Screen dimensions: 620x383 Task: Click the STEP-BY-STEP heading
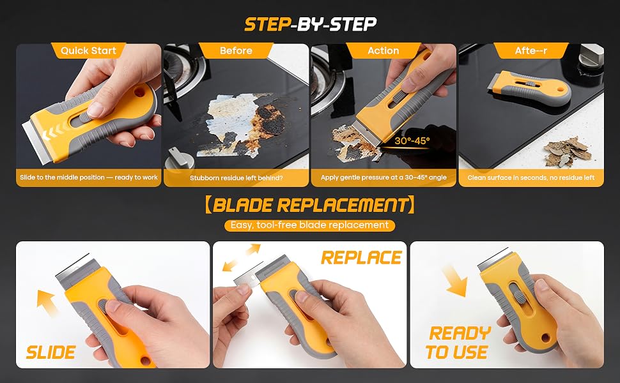[311, 24]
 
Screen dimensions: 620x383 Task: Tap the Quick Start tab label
[89, 50]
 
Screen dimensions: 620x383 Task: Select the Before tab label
[236, 50]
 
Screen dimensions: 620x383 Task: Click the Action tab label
[383, 50]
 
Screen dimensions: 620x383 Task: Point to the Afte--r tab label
[531, 50]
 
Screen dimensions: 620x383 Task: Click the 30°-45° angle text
[412, 140]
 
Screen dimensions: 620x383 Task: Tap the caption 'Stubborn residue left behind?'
[236, 177]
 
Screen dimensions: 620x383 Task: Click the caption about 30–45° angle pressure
[384, 177]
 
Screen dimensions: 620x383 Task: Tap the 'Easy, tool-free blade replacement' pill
[309, 225]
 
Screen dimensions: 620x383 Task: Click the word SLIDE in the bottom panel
[50, 352]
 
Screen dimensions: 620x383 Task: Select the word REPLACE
[361, 258]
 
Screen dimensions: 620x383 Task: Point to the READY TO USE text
[458, 343]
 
